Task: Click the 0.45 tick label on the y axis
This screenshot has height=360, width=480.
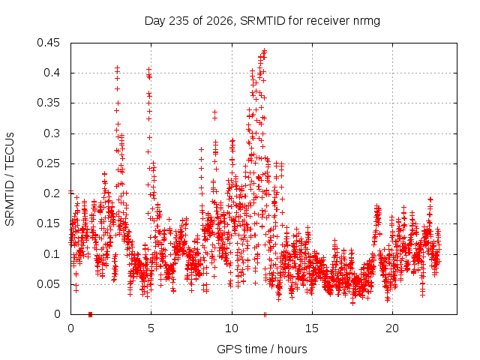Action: coord(48,43)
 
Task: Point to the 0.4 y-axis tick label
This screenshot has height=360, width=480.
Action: coord(52,73)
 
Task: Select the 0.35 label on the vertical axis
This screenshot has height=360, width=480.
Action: coord(48,103)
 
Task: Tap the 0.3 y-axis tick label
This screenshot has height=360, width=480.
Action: coord(52,133)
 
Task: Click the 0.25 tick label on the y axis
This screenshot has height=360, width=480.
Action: coord(48,163)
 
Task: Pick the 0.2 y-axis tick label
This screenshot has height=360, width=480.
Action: coord(52,193)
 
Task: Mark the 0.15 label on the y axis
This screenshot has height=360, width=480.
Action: coord(48,223)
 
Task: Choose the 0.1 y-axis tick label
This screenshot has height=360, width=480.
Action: coord(52,253)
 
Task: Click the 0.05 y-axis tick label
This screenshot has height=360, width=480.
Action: coord(48,284)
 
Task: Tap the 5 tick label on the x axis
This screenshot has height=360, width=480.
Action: coord(151,328)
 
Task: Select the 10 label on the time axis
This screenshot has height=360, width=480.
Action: coord(232,328)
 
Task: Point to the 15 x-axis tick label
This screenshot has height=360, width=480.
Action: coord(312,328)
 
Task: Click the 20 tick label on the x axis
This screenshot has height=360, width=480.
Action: coord(392,328)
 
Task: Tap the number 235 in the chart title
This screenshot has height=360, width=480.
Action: coord(178,21)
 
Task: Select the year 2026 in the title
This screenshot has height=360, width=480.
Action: coord(220,21)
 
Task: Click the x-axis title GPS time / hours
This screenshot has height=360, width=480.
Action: coord(262,349)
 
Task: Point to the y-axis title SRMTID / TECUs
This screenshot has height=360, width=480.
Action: coord(10,179)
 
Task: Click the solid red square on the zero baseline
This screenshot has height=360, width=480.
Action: coord(90,314)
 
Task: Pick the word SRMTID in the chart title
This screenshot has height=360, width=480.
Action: coord(262,21)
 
